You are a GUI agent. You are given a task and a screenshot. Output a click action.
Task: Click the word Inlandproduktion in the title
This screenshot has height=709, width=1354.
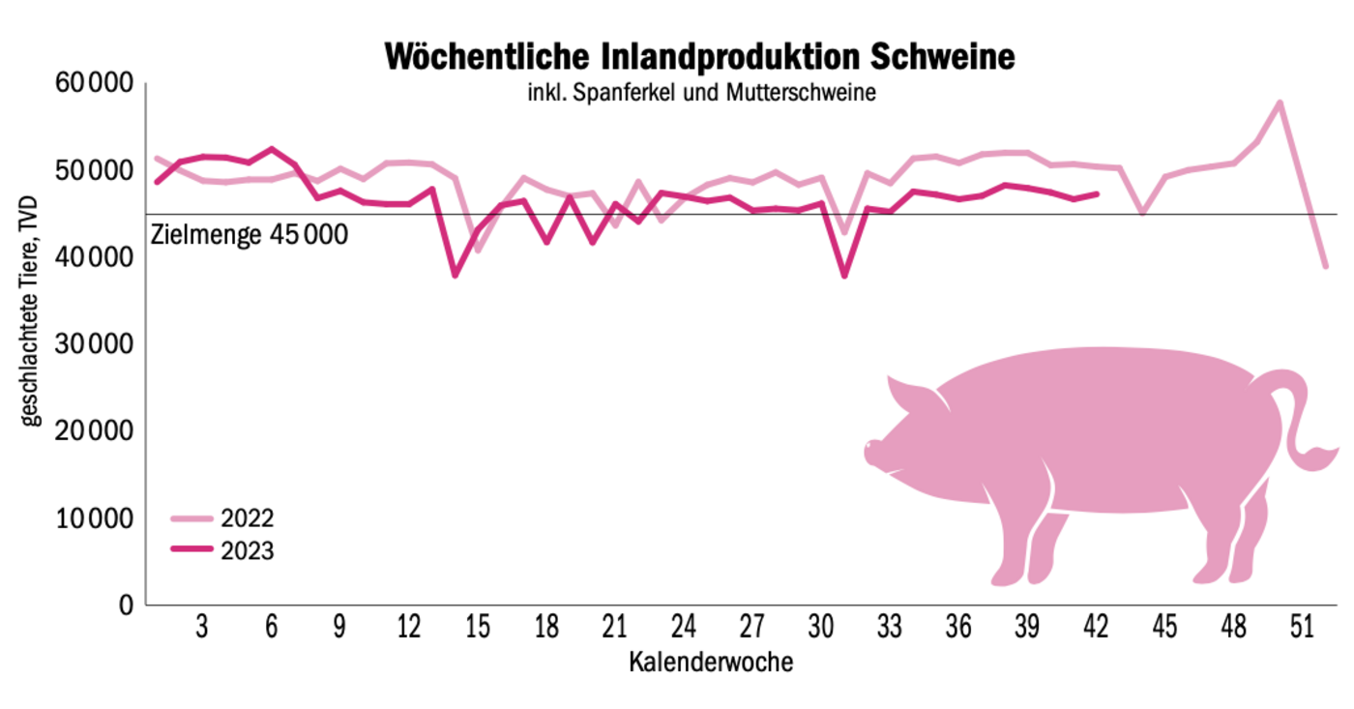click(710, 56)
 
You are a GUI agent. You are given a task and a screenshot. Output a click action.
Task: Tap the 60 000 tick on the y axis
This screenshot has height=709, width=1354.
click(94, 84)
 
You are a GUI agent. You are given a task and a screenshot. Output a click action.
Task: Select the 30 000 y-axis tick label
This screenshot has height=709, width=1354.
click(94, 345)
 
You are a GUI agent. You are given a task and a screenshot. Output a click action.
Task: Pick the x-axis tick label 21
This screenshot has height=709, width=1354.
click(615, 628)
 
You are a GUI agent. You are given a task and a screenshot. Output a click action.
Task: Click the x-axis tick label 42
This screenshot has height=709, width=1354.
click(1095, 628)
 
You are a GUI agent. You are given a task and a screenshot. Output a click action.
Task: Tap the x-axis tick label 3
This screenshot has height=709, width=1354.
click(202, 628)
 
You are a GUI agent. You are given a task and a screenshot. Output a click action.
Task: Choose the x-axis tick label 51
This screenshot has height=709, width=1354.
click(1302, 628)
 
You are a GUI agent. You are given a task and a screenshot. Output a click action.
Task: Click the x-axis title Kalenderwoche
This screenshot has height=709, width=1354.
click(711, 663)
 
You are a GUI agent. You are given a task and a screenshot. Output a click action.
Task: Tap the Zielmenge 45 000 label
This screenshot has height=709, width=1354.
click(250, 235)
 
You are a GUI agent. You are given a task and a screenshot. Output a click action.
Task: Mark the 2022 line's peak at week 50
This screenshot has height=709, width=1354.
click(1280, 103)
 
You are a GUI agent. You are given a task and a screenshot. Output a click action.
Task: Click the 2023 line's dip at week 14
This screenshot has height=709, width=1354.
click(455, 276)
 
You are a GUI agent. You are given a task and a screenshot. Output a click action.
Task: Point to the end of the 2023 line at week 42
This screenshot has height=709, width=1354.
click(1097, 193)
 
